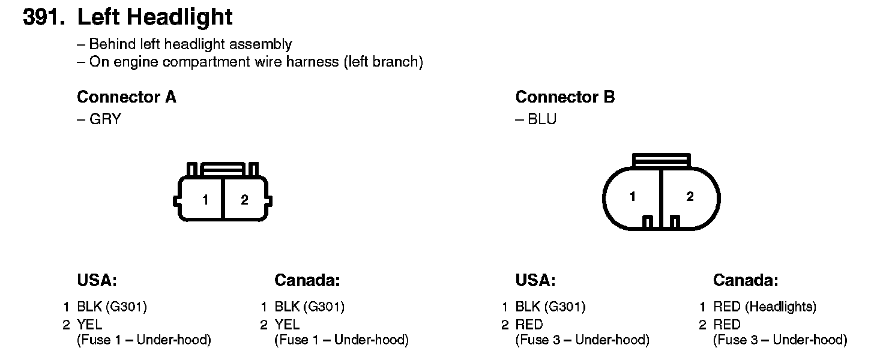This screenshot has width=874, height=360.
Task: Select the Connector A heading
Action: (x=127, y=97)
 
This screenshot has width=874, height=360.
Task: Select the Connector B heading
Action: (x=565, y=97)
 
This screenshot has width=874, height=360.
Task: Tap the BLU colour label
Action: (x=542, y=119)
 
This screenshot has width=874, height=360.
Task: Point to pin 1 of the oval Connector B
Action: (x=633, y=197)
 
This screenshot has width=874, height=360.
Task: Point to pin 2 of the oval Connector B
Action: (x=690, y=197)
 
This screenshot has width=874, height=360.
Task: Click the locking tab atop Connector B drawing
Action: (x=662, y=160)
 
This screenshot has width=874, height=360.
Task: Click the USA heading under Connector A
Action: (x=97, y=280)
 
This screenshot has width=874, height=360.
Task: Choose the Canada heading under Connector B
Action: (x=746, y=280)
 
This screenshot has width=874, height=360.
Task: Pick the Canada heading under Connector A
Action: (x=307, y=280)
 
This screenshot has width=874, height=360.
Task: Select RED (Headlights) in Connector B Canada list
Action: (x=764, y=307)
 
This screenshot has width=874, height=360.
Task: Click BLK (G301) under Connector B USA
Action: (x=550, y=307)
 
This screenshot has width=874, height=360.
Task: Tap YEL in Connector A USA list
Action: (x=89, y=325)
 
